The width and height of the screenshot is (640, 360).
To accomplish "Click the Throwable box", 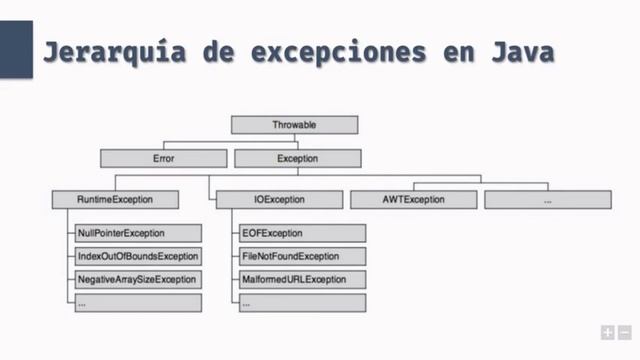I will pos(293,125).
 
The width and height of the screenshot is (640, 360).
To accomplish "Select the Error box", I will pos(164,158).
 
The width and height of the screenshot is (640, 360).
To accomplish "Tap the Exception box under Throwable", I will pos(296,158).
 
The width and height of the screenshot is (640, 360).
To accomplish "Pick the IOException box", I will pos(273,200).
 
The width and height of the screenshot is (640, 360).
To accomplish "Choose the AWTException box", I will pos(412,200).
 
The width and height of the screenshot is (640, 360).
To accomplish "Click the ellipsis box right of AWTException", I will pos(547,200).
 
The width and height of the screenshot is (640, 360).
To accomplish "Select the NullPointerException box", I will pos(137,233).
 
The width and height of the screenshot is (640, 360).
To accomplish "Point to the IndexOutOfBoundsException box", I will pos(137,256).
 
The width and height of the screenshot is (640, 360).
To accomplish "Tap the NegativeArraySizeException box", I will pos(137,279).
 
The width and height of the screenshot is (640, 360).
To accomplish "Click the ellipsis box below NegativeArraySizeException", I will pos(137,302).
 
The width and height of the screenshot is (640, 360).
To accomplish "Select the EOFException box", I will pos(301,233).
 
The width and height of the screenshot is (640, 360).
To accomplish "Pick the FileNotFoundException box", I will pos(301,256).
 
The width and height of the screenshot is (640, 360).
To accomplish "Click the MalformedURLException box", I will pos(301,279).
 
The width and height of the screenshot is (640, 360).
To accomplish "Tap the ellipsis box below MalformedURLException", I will pos(301,302).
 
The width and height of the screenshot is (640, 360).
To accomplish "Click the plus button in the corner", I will pos(607,332).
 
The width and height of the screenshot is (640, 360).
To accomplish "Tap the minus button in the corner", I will pos(624,332).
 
